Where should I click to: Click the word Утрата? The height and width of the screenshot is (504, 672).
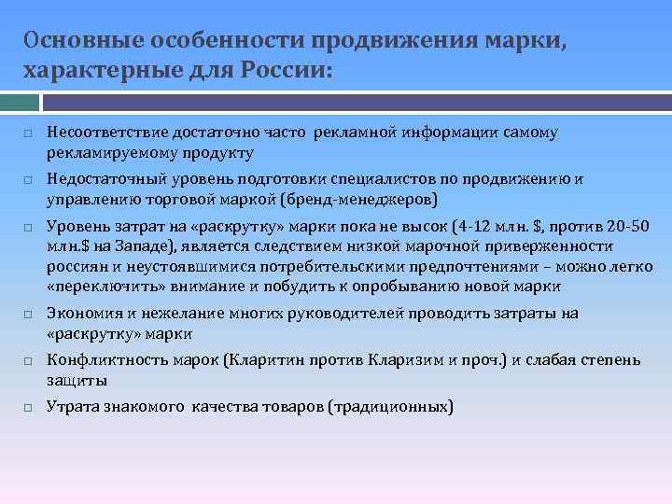(70, 407)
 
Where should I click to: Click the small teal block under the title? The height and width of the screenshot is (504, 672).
(20, 100)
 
